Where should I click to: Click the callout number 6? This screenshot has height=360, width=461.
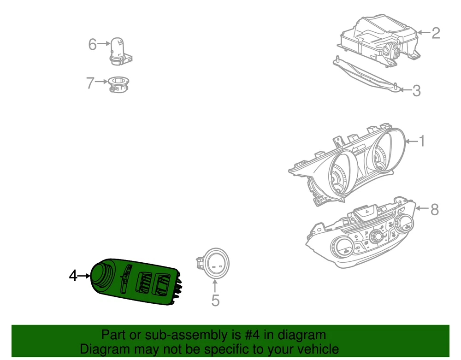click(x=92, y=44)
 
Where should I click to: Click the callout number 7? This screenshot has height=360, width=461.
click(x=90, y=83)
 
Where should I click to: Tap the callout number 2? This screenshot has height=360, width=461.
click(x=436, y=33)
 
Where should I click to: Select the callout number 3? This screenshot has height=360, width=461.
click(x=416, y=90)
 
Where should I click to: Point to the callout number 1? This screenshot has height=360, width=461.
click(x=422, y=141)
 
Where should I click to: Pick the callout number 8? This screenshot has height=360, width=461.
click(x=435, y=210)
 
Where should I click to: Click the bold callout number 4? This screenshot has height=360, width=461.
click(x=73, y=276)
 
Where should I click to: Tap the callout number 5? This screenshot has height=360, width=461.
click(x=215, y=301)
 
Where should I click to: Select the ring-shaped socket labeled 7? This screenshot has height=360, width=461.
click(x=118, y=84)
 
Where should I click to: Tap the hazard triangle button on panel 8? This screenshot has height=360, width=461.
click(x=367, y=211)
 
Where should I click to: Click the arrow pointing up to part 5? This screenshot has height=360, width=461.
click(x=215, y=286)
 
